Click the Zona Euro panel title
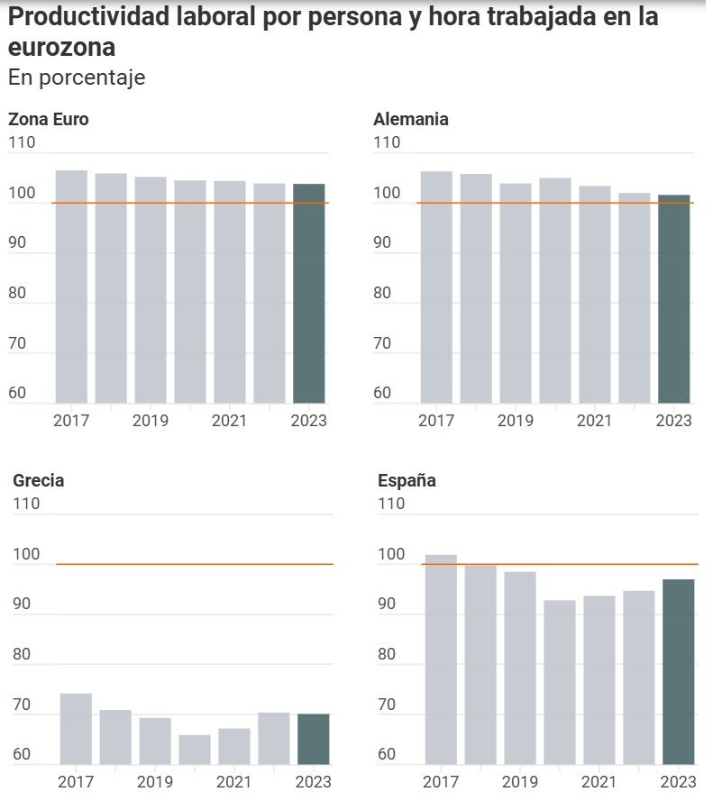[49, 119]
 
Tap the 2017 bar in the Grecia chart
[76, 728]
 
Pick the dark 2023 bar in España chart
[678, 671]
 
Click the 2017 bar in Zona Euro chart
[71, 286]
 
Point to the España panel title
[407, 480]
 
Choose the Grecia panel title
[39, 480]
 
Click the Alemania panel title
[411, 119]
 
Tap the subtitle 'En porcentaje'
[77, 78]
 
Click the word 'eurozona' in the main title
[62, 47]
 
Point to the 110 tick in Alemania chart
[387, 142]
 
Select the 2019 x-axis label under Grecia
[154, 782]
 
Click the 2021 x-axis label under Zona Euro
[229, 421]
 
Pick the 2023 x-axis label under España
[678, 782]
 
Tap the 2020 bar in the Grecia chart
[194, 749]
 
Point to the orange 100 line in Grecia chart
[194, 564]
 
